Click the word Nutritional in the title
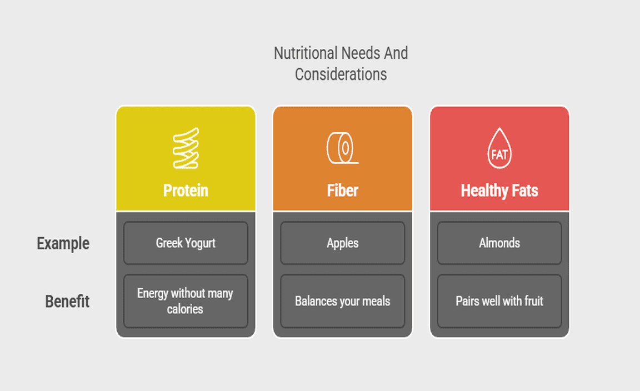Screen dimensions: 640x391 [x=306, y=53]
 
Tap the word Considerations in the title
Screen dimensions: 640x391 [x=341, y=74]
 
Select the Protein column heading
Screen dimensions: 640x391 [x=186, y=191]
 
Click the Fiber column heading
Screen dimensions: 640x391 [x=342, y=191]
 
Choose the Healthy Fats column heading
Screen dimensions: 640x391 [x=499, y=191]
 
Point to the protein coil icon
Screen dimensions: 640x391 [x=186, y=148]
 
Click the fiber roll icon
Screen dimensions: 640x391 [x=342, y=148]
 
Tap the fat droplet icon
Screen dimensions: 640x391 [x=499, y=148]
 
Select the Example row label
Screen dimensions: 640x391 [x=63, y=243]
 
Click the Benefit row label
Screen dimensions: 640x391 [x=67, y=302]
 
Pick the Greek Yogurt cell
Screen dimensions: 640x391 [x=186, y=243]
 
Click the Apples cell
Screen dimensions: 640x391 [x=342, y=243]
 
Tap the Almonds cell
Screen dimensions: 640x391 [x=499, y=243]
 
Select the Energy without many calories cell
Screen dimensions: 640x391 [x=186, y=301]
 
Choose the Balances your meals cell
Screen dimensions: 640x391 [x=342, y=301]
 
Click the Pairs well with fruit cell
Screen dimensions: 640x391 [x=499, y=301]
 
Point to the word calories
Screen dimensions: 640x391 [x=185, y=309]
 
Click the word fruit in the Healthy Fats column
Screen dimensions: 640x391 [x=533, y=301]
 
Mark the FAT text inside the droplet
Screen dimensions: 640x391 [x=499, y=155]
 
